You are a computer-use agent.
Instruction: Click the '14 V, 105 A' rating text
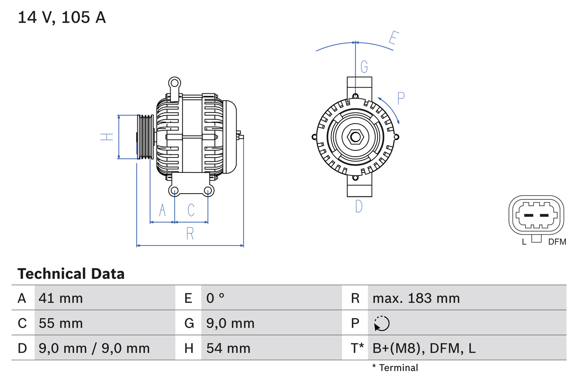(x=62, y=17)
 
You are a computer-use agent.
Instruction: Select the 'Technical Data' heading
(x=71, y=274)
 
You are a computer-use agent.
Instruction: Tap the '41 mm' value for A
(x=61, y=298)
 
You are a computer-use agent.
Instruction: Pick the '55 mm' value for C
(x=61, y=323)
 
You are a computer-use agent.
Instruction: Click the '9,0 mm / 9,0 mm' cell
(x=94, y=348)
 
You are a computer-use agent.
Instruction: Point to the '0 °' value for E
(x=215, y=298)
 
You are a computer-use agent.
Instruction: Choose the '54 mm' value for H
(x=228, y=348)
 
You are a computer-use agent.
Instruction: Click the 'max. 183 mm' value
(x=416, y=298)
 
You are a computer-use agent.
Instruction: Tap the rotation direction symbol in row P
(x=382, y=323)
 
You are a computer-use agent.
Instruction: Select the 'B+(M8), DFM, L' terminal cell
(x=424, y=348)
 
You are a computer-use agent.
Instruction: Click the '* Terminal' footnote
(x=395, y=368)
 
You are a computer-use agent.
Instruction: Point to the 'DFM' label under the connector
(x=557, y=242)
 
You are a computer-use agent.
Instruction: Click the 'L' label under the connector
(x=524, y=242)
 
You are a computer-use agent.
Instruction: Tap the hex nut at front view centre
(x=355, y=137)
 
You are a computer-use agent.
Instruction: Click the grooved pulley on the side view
(x=145, y=137)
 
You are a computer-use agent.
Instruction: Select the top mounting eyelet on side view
(x=174, y=83)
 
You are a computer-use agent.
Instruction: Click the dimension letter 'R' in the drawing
(x=190, y=233)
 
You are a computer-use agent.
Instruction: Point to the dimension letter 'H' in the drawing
(x=107, y=136)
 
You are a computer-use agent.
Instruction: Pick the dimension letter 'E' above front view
(x=393, y=39)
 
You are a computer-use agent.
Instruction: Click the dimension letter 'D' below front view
(x=359, y=206)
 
